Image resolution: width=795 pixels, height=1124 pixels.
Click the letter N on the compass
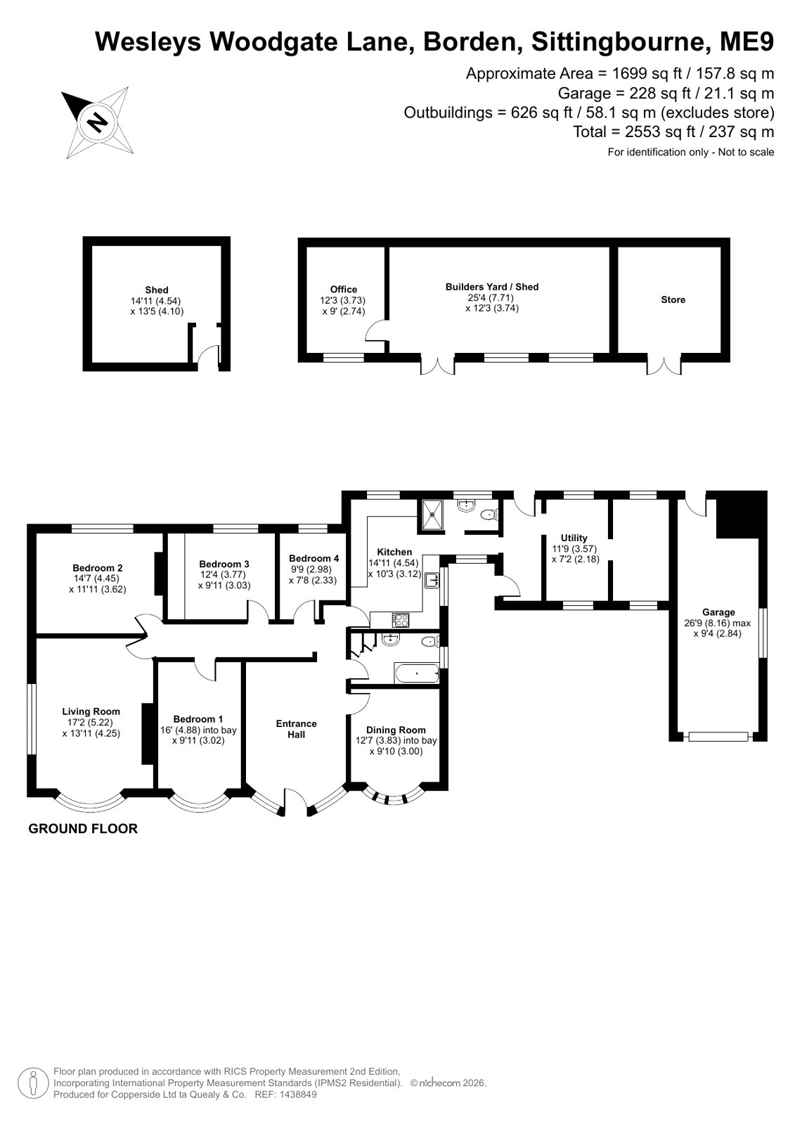coord(98,122)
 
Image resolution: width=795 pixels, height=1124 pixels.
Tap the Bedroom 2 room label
coord(98,568)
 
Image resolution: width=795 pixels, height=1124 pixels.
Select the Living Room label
coord(91,711)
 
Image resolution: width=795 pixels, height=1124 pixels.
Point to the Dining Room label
coord(396,730)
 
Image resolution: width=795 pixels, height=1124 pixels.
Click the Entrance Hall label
coord(296,728)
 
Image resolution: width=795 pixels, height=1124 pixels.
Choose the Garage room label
coord(718,612)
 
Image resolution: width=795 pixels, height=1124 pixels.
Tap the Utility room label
coord(574,538)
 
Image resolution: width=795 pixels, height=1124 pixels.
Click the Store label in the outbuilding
coord(673,299)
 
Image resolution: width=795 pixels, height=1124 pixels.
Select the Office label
coord(343,290)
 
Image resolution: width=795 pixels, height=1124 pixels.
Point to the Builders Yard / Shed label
coord(492,287)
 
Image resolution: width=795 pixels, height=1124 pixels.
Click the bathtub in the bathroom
coord(417,673)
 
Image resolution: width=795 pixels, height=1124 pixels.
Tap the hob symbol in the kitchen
coord(401,620)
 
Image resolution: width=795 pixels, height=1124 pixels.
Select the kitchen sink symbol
coord(431,580)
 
